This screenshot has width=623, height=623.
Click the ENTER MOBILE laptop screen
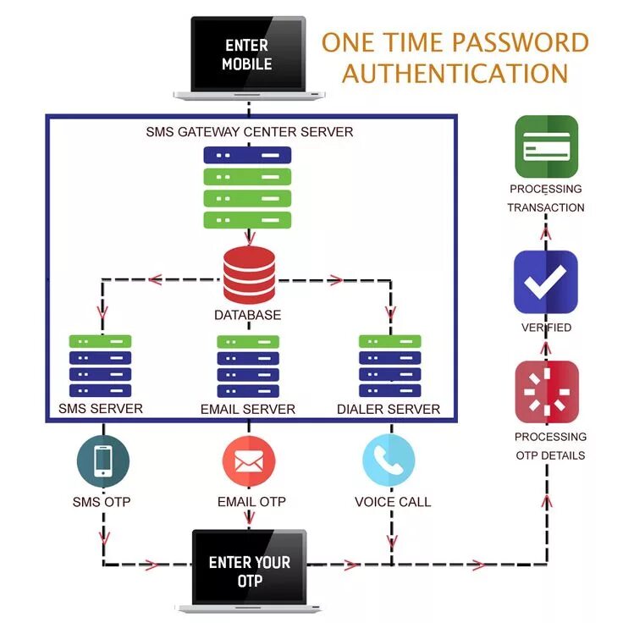coord(247,53)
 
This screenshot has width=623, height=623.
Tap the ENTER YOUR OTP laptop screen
coord(249,571)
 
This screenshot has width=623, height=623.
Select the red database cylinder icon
coord(249,274)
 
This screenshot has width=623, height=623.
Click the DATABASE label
coord(247,315)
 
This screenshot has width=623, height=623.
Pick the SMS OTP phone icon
coord(102,460)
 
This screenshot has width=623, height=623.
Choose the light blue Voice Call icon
coord(389,460)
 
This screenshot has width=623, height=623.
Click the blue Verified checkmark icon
coord(546,282)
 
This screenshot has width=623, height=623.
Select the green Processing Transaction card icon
coord(546,146)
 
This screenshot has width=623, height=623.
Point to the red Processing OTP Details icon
coord(547,392)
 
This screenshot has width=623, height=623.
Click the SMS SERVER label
coord(101,409)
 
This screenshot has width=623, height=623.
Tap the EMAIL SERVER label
coord(248,409)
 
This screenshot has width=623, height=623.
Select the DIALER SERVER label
coord(389,409)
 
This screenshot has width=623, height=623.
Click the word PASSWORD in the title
coord(521,42)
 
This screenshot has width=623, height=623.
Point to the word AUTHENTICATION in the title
coord(455,73)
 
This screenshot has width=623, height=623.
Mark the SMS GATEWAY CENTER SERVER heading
coord(249,131)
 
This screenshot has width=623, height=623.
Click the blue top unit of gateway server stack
coord(247,155)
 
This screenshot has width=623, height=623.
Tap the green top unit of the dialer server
coord(390,341)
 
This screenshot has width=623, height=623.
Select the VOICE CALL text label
coord(392,502)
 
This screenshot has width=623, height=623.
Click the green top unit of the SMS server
coord(101,341)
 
